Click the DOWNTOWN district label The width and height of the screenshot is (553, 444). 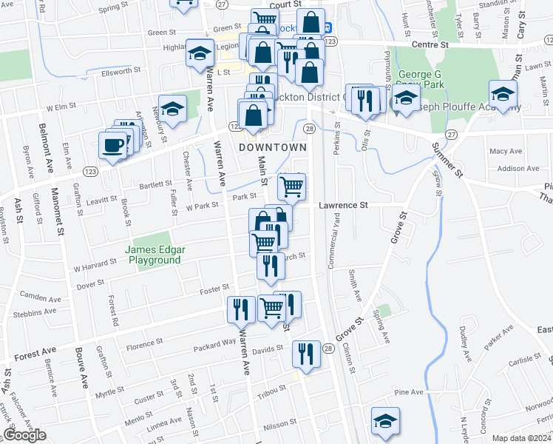273,148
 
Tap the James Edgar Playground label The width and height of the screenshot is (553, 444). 155,255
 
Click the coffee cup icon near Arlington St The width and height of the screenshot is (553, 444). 112,145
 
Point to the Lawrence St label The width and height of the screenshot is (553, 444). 344,206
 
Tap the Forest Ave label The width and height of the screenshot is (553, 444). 35,354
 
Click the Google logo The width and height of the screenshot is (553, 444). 24,436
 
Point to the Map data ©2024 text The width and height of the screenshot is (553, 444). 522,438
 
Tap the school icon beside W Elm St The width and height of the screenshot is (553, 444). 172,109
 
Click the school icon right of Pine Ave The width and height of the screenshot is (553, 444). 385,420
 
